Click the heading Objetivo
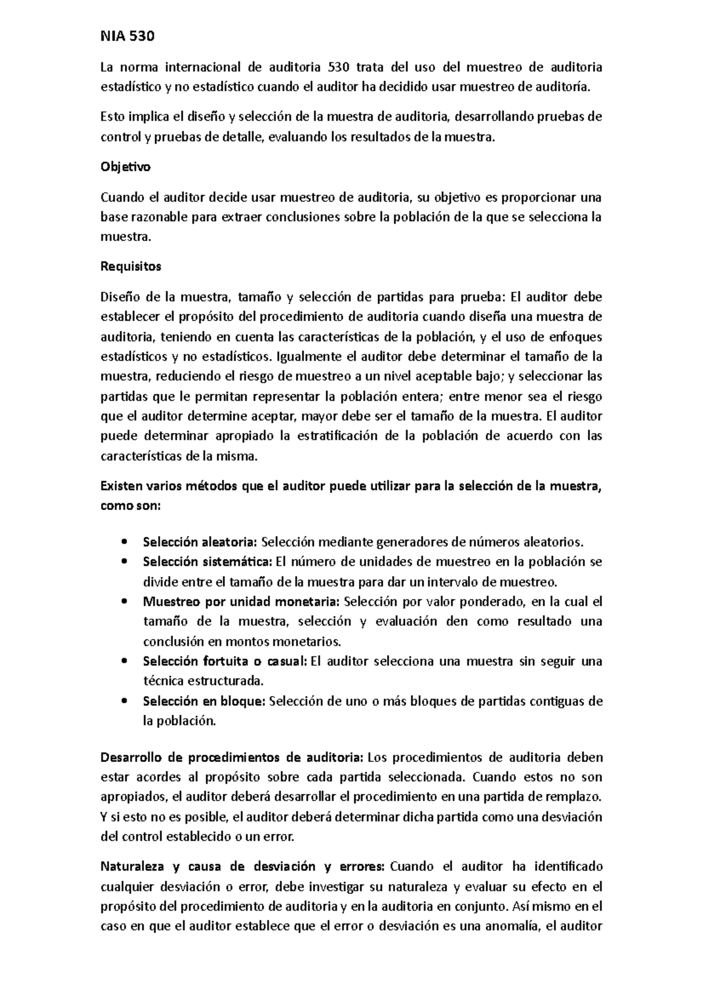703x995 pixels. [x=125, y=166]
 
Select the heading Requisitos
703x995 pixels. [x=131, y=267]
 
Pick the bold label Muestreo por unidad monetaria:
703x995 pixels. [x=241, y=601]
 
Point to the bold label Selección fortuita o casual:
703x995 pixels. [x=224, y=662]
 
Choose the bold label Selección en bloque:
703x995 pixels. [x=204, y=701]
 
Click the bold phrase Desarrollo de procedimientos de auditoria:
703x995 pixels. [x=232, y=758]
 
